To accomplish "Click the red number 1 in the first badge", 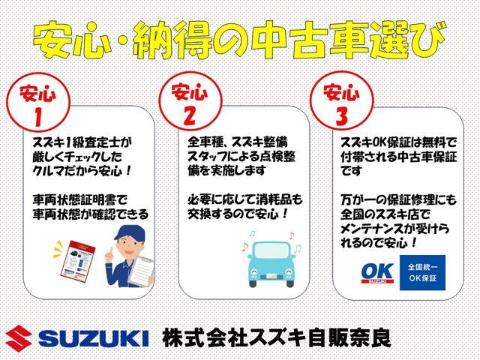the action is (38, 118).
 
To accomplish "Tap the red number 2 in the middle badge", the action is (190, 116).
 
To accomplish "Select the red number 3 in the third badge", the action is (342, 116).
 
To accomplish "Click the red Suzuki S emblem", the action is (19, 338).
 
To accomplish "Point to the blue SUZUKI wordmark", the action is (94, 338).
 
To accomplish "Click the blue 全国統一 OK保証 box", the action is (422, 272).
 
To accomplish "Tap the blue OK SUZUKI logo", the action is (377, 273).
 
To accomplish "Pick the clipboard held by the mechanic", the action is (142, 271).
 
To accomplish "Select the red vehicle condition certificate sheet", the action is (78, 260).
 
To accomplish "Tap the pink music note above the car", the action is (292, 235).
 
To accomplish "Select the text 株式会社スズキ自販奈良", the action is (277, 338).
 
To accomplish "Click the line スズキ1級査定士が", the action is (82, 142).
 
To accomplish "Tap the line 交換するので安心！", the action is (238, 214).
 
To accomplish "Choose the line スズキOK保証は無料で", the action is (398, 142).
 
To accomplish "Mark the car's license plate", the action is (271, 276).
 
